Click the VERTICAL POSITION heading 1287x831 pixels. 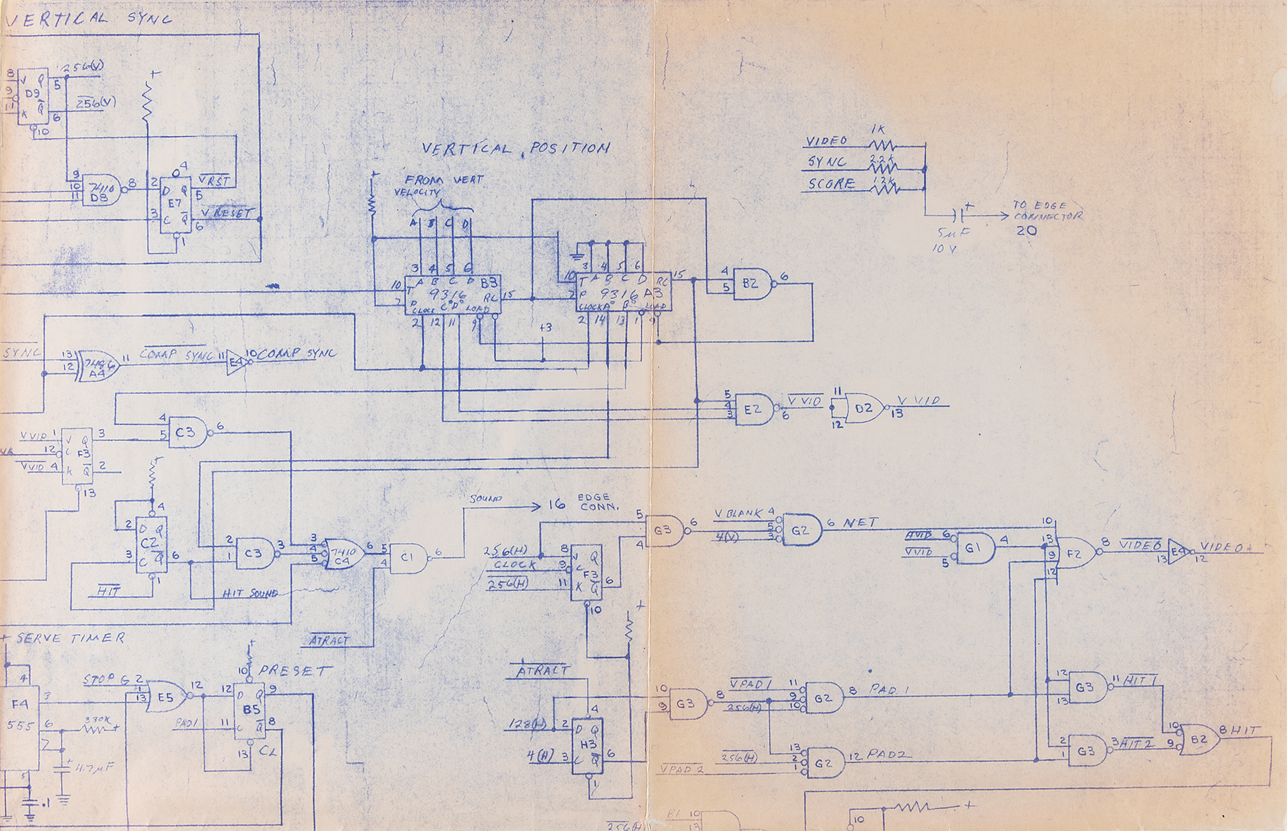click(x=515, y=149)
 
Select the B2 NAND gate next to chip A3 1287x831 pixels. click(x=752, y=284)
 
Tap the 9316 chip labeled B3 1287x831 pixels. click(x=452, y=295)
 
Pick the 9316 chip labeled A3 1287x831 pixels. click(x=623, y=292)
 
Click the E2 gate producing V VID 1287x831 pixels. click(x=754, y=409)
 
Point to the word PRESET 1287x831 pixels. click(x=295, y=671)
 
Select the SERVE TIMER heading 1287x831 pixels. click(x=69, y=639)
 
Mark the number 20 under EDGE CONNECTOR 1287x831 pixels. click(x=1026, y=230)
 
